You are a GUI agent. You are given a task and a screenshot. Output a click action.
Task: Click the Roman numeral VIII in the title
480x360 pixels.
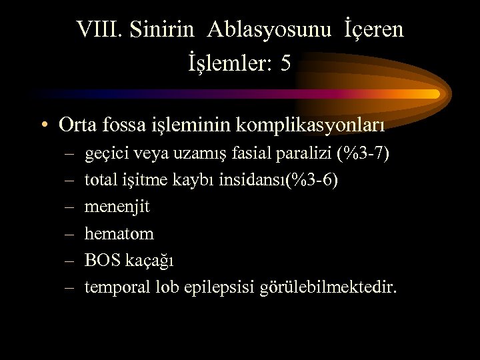(x=99, y=30)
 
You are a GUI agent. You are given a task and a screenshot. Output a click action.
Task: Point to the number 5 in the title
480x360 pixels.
(x=286, y=64)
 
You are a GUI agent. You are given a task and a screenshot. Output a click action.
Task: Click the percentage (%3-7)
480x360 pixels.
(x=364, y=155)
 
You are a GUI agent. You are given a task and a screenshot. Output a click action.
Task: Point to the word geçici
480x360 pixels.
(x=106, y=155)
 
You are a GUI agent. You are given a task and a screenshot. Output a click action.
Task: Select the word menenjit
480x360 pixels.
(x=117, y=207)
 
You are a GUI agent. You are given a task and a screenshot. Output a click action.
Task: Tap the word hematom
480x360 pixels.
(x=119, y=234)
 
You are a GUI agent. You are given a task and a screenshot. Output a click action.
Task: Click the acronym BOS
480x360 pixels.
(x=102, y=261)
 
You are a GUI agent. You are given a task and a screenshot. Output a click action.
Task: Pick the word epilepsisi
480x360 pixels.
(x=242, y=288)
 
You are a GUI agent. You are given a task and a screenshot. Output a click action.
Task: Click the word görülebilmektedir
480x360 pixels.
(x=341, y=288)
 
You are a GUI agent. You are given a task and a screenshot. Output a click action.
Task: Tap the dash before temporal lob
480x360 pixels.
(x=69, y=288)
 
